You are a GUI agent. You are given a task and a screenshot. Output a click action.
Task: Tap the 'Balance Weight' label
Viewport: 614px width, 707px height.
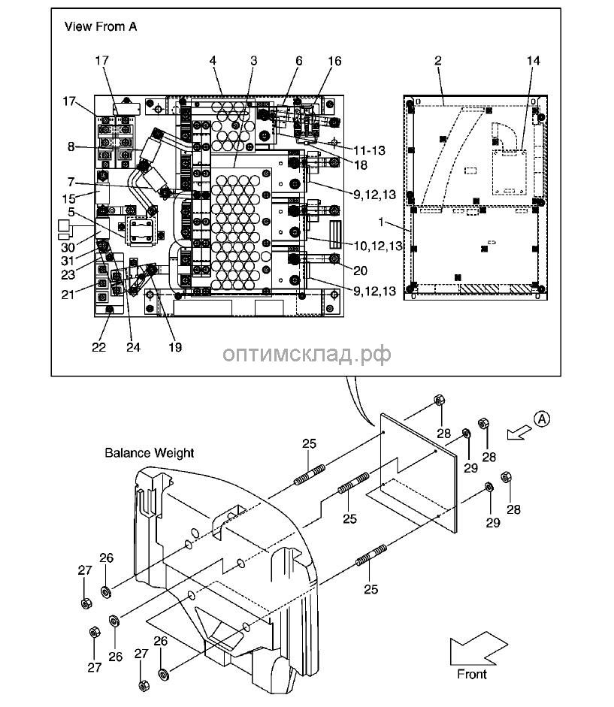(149, 453)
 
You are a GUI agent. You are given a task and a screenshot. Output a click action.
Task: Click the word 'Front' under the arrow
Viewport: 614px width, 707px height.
(472, 674)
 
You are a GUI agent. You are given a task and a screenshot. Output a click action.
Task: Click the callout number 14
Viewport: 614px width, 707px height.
(534, 59)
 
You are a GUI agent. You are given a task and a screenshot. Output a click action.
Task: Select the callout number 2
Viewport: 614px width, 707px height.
(437, 59)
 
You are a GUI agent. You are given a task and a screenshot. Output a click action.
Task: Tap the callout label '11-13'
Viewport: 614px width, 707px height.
(368, 150)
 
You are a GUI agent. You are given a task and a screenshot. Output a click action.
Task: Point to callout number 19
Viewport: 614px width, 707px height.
(174, 347)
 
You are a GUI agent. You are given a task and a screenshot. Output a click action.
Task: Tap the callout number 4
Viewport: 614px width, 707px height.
(213, 59)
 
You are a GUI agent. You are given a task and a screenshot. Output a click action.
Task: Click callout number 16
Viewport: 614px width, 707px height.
(334, 59)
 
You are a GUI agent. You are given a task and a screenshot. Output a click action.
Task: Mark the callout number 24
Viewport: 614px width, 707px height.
(134, 347)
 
